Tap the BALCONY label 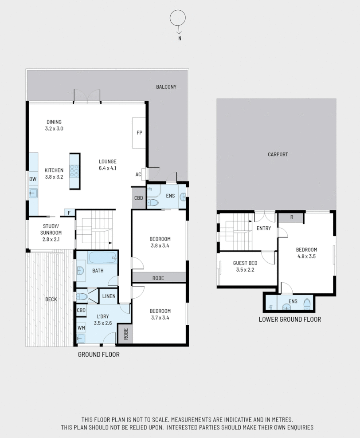(166, 87)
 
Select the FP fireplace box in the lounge (139, 133)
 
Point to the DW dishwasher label (33, 179)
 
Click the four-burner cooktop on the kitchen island (74, 171)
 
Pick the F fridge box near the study (69, 213)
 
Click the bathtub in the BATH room (102, 257)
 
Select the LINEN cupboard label (109, 296)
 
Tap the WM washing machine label (81, 328)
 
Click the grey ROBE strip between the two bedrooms (158, 278)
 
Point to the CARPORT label (278, 154)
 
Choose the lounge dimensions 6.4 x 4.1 (107, 168)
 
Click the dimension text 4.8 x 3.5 (306, 256)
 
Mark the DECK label (51, 299)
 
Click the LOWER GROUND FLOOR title (290, 319)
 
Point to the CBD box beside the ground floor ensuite (138, 198)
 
